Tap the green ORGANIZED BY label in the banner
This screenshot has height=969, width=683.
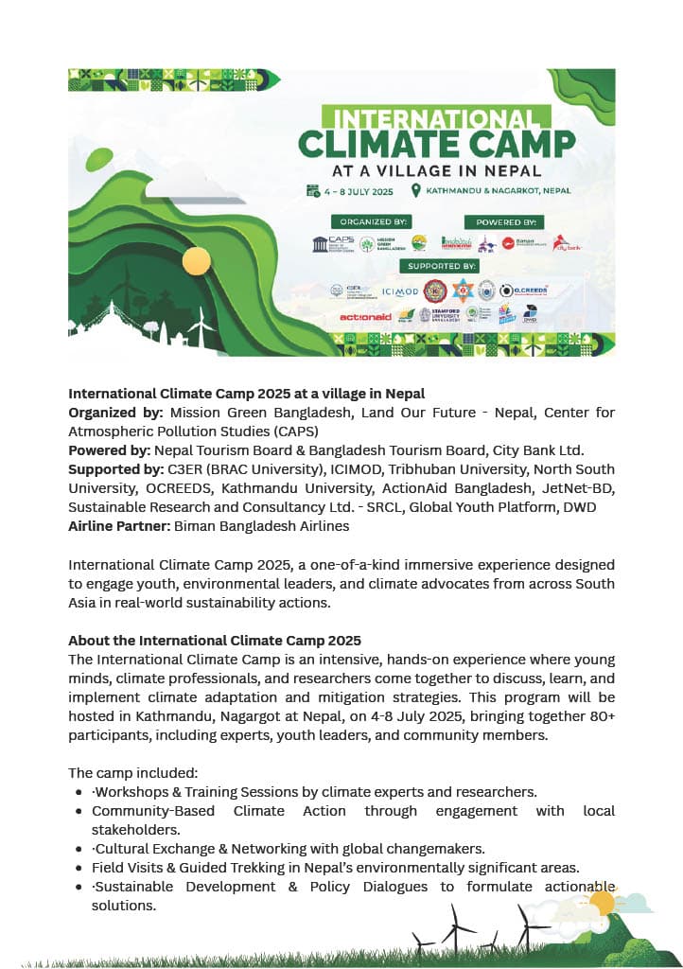click(x=369, y=221)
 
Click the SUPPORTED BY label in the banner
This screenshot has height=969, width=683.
click(x=440, y=266)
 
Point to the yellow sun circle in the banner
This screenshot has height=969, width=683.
click(x=196, y=260)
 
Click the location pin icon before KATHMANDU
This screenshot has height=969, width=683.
click(x=415, y=190)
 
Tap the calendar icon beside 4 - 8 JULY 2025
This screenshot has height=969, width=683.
click(x=312, y=190)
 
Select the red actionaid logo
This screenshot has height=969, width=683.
click(x=365, y=316)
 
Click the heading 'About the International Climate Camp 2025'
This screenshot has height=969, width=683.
click(x=215, y=641)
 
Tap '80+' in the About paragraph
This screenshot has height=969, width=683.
click(x=599, y=716)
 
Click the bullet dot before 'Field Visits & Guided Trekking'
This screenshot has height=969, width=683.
click(x=78, y=868)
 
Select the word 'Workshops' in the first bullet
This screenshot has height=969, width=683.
click(x=130, y=792)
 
